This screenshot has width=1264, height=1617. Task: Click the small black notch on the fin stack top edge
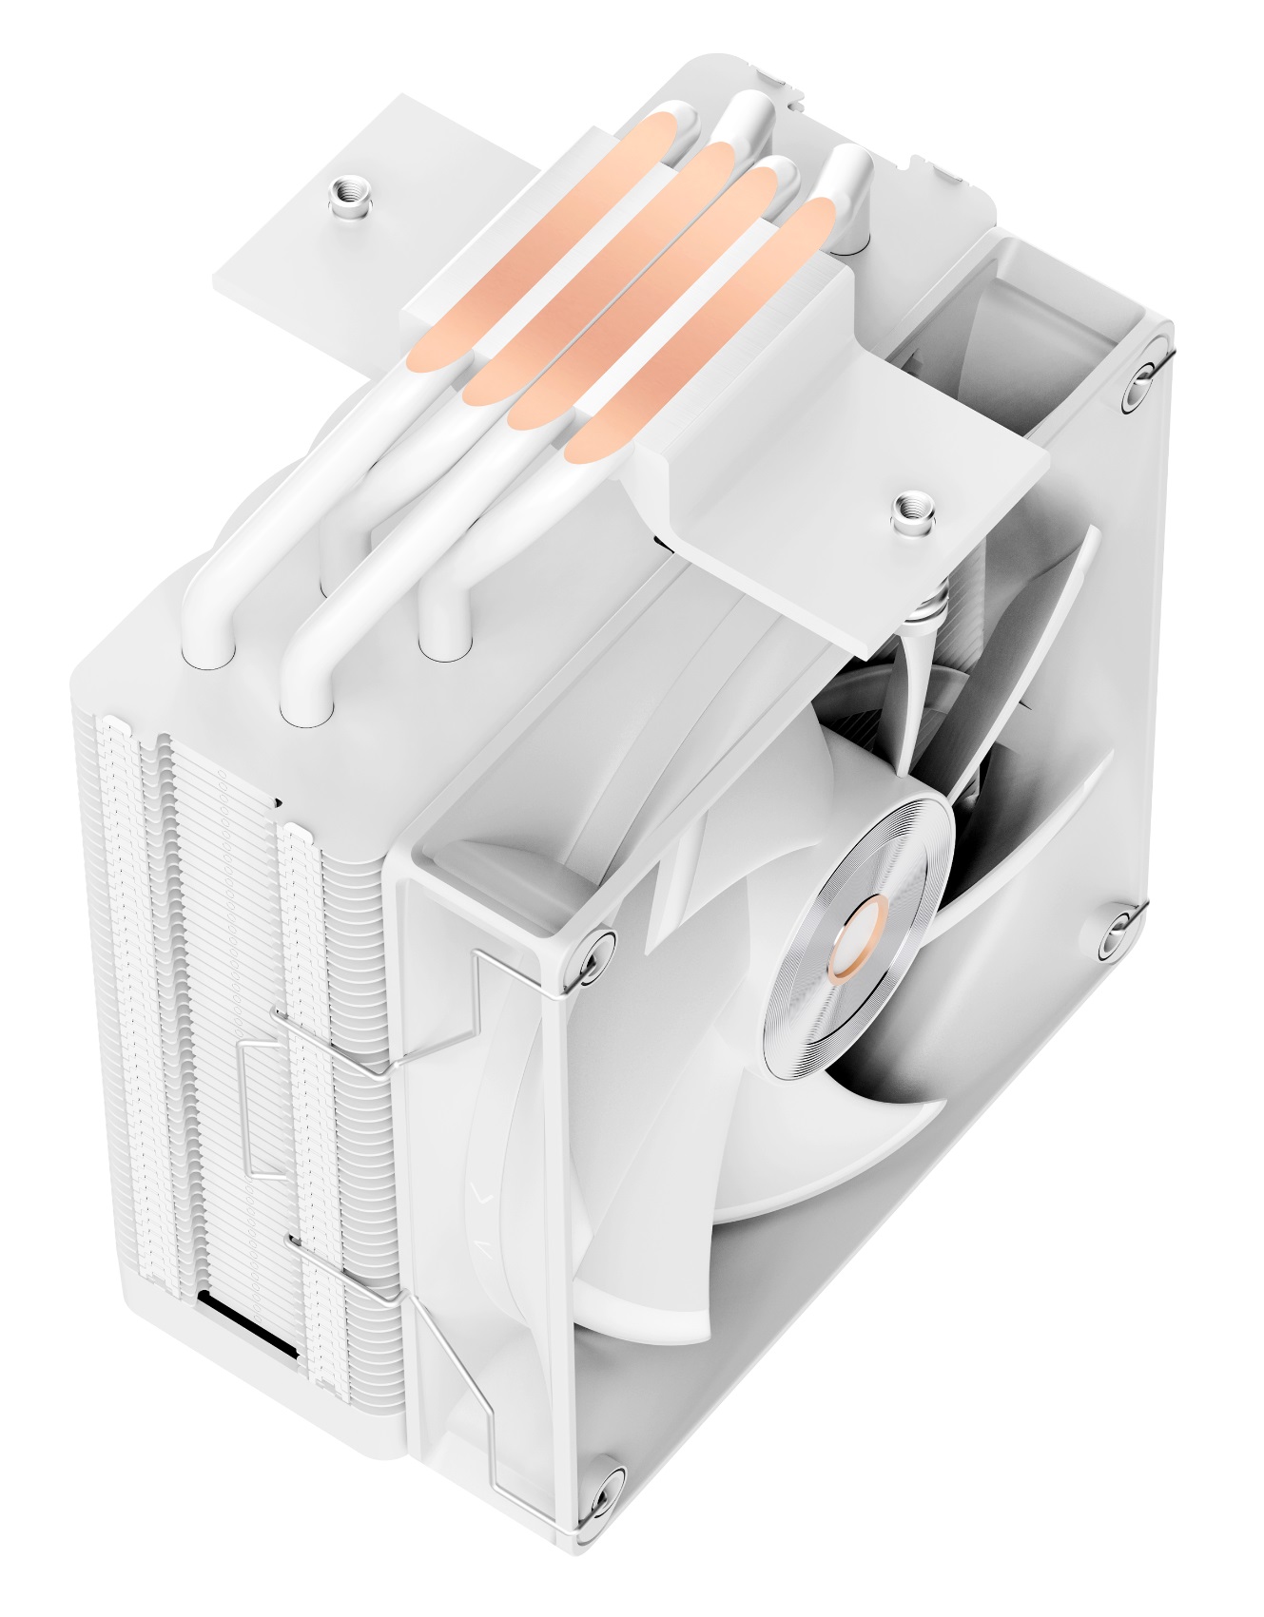point(278,800)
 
